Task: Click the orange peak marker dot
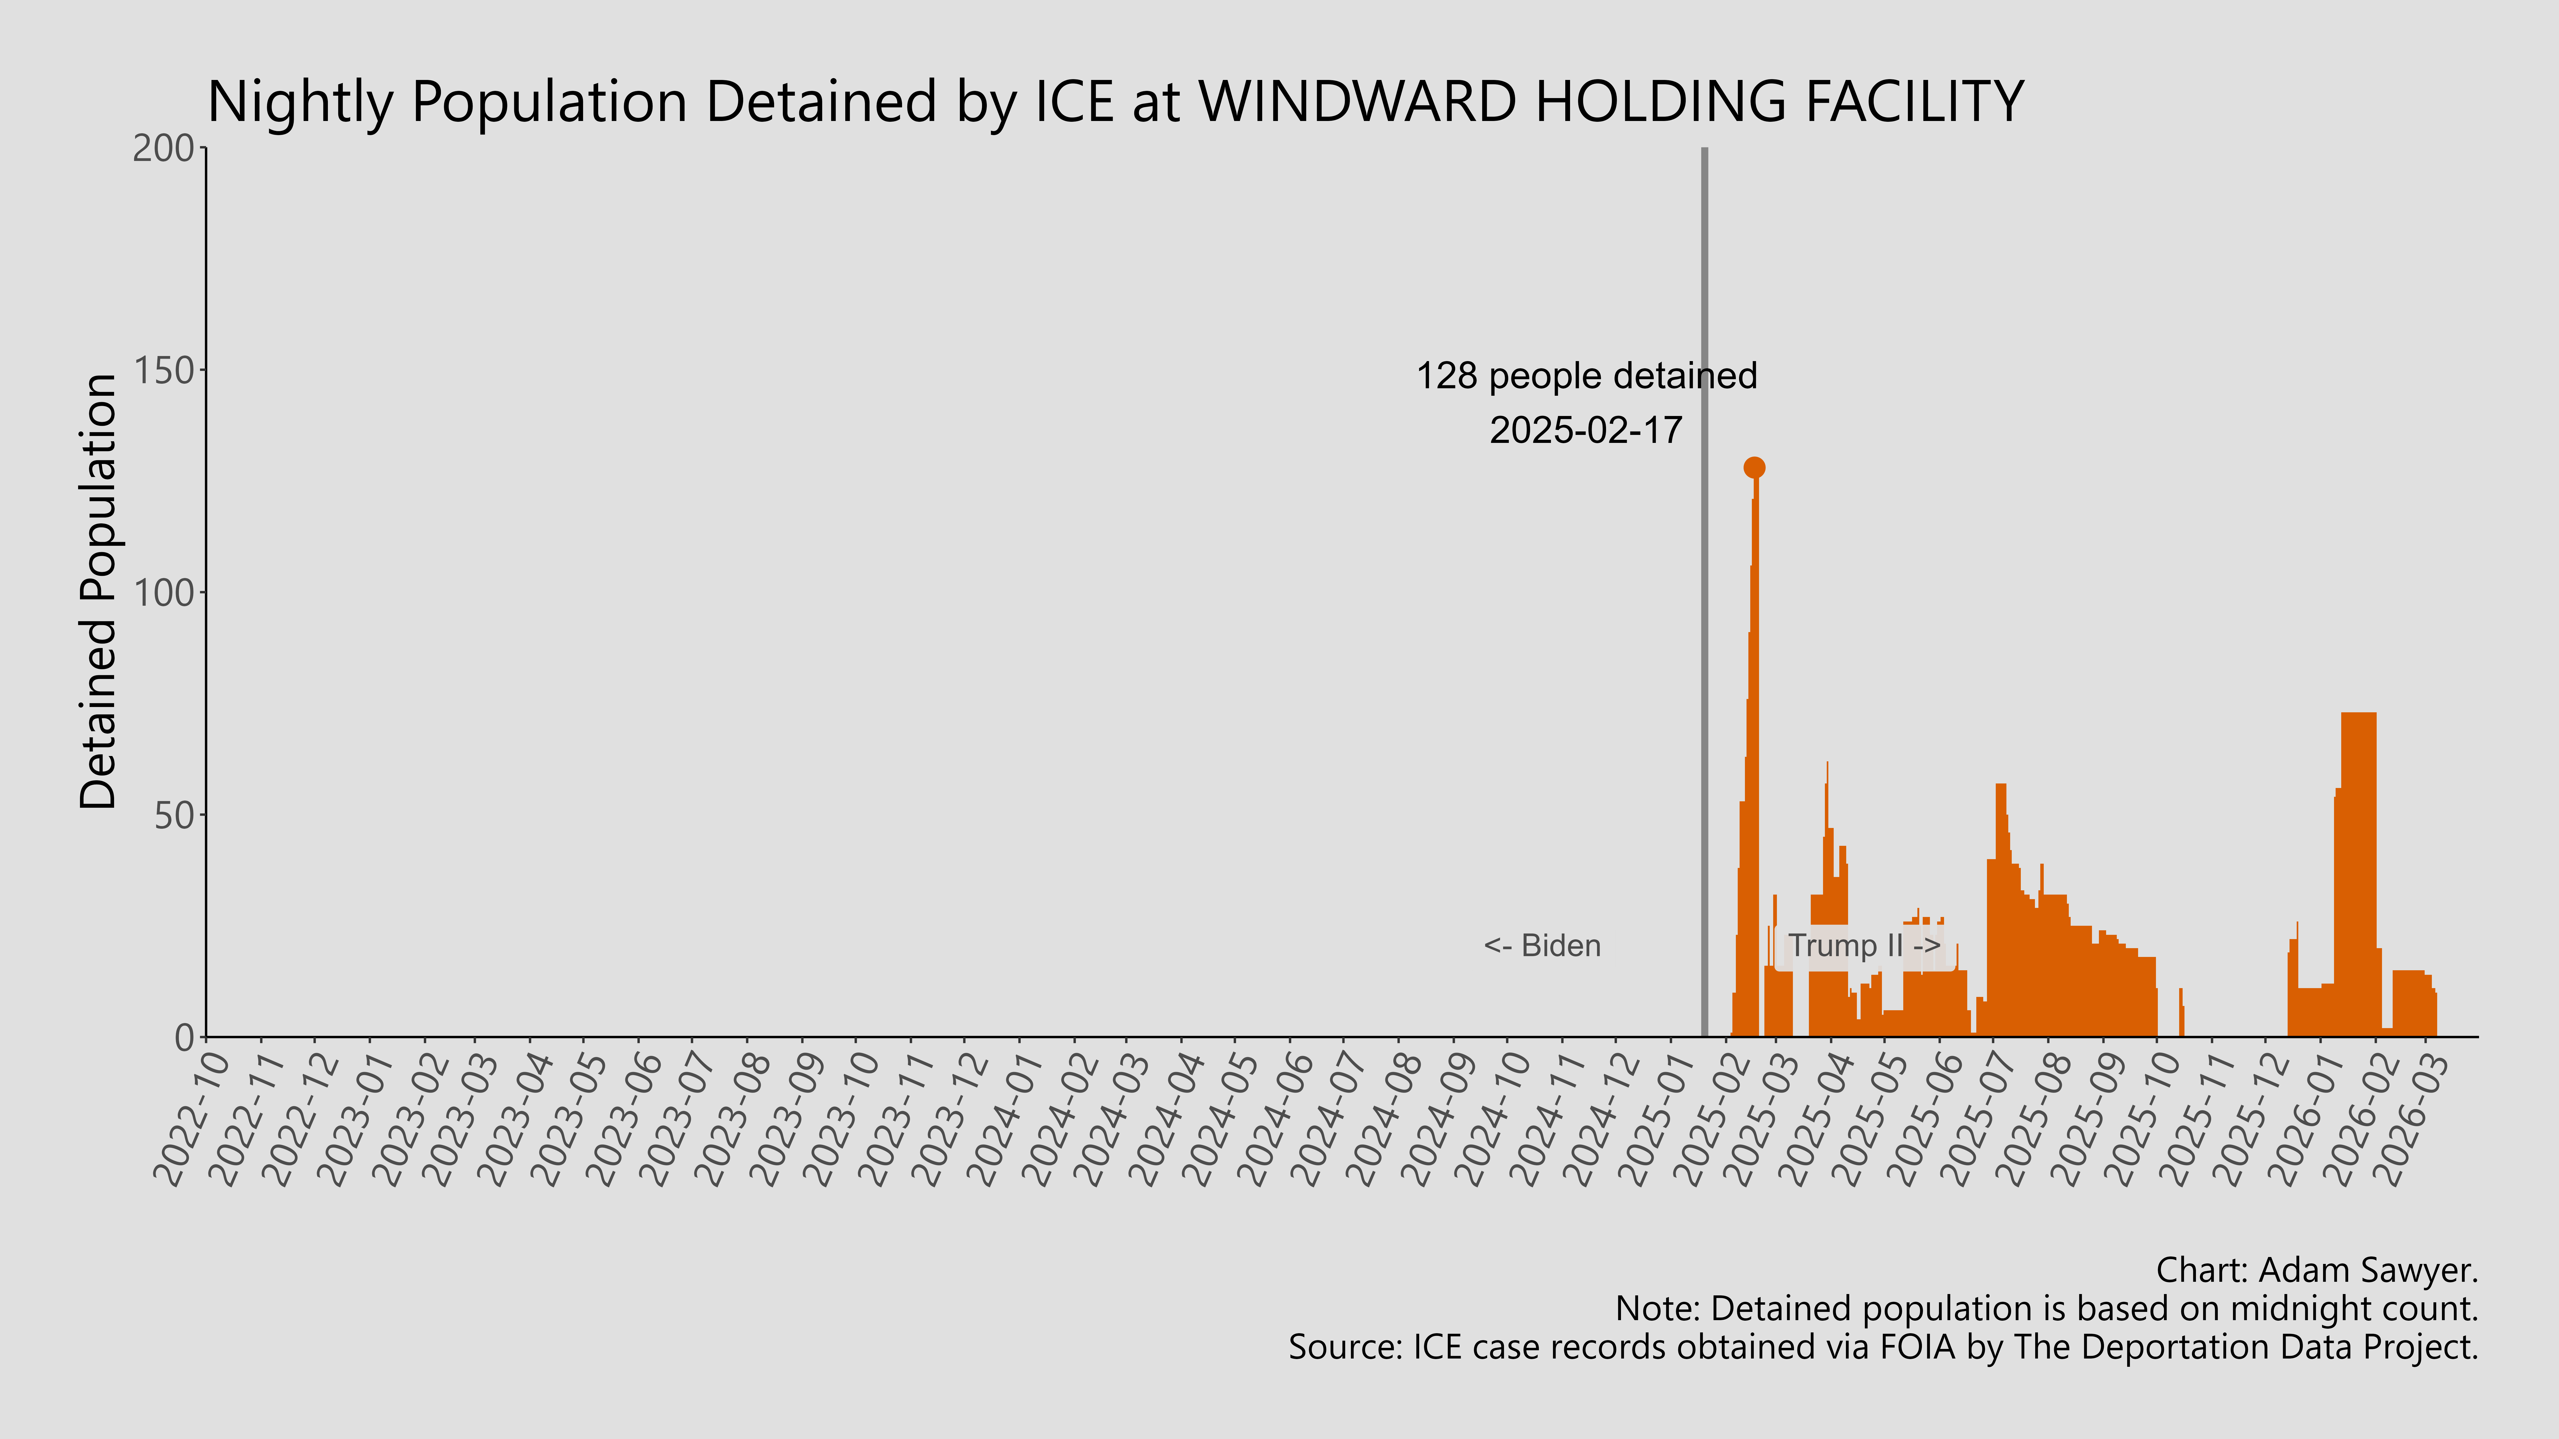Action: click(x=1754, y=467)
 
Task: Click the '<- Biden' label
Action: click(x=1542, y=945)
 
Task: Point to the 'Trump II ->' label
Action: click(x=1864, y=945)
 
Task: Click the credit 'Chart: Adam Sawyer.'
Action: click(x=2317, y=1270)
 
